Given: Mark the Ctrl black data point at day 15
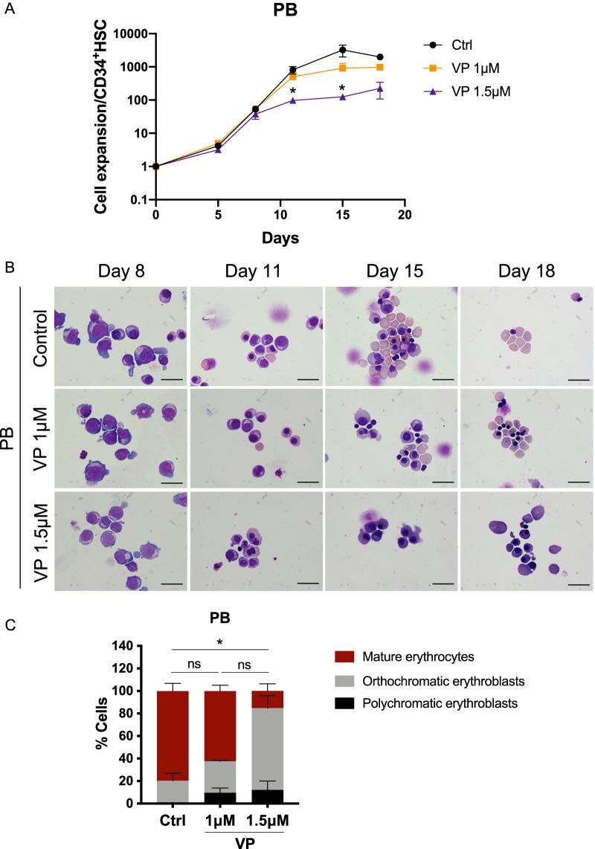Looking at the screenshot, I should pyautogui.click(x=342, y=51).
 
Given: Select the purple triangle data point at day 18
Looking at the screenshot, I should pyautogui.click(x=380, y=89).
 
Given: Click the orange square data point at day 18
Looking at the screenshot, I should pyautogui.click(x=380, y=67).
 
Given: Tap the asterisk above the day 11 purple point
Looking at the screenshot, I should pyautogui.click(x=293, y=91).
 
